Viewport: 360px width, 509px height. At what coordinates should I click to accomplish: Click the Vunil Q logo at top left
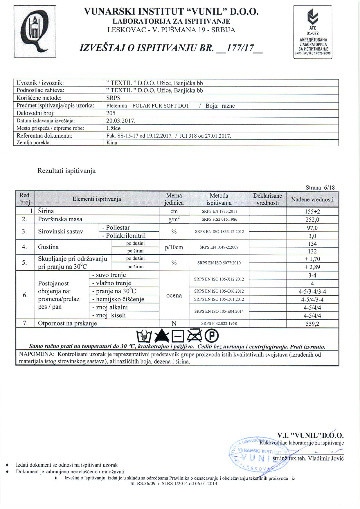click(x=35, y=32)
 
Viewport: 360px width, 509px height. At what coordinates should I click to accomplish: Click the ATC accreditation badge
click(x=312, y=32)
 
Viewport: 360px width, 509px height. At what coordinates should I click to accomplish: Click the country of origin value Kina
click(x=112, y=143)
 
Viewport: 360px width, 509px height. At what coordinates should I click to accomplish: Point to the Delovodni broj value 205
click(x=111, y=113)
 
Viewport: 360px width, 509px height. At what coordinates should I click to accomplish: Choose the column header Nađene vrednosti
click(x=312, y=199)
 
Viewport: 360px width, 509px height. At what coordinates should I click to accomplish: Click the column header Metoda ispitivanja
click(x=219, y=199)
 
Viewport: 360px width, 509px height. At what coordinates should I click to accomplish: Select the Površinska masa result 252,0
click(x=312, y=220)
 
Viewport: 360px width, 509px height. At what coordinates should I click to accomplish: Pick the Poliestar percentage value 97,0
click(x=312, y=228)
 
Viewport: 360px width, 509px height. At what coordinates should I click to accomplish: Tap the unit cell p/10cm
click(x=174, y=247)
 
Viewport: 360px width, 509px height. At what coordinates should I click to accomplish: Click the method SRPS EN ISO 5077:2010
click(x=219, y=263)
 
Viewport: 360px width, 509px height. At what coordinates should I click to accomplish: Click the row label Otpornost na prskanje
click(x=68, y=323)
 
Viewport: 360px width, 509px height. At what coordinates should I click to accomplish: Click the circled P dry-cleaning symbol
click(x=212, y=337)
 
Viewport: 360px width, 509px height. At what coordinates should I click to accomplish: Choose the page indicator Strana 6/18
click(x=320, y=188)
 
